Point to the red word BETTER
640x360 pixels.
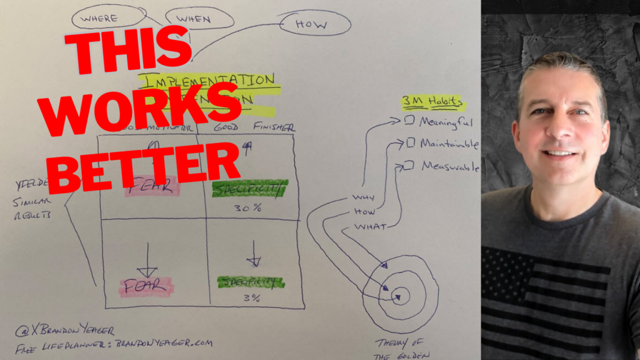point(143,166)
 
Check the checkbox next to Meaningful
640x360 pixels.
point(409,121)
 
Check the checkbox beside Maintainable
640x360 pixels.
point(411,143)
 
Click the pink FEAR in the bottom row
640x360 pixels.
point(145,286)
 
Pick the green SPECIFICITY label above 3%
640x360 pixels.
point(249,282)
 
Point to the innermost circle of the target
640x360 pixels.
point(400,294)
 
